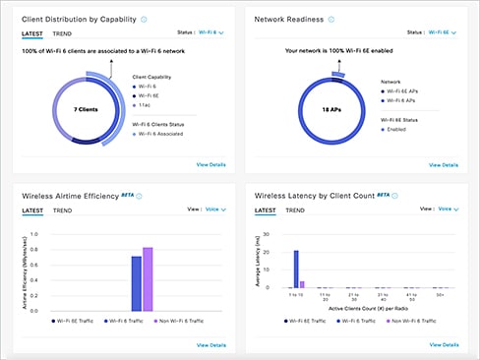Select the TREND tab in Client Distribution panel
(61, 32)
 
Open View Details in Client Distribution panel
(210, 164)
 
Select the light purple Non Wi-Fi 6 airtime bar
(149, 279)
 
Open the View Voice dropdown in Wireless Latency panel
(448, 210)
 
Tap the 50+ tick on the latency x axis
(439, 295)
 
